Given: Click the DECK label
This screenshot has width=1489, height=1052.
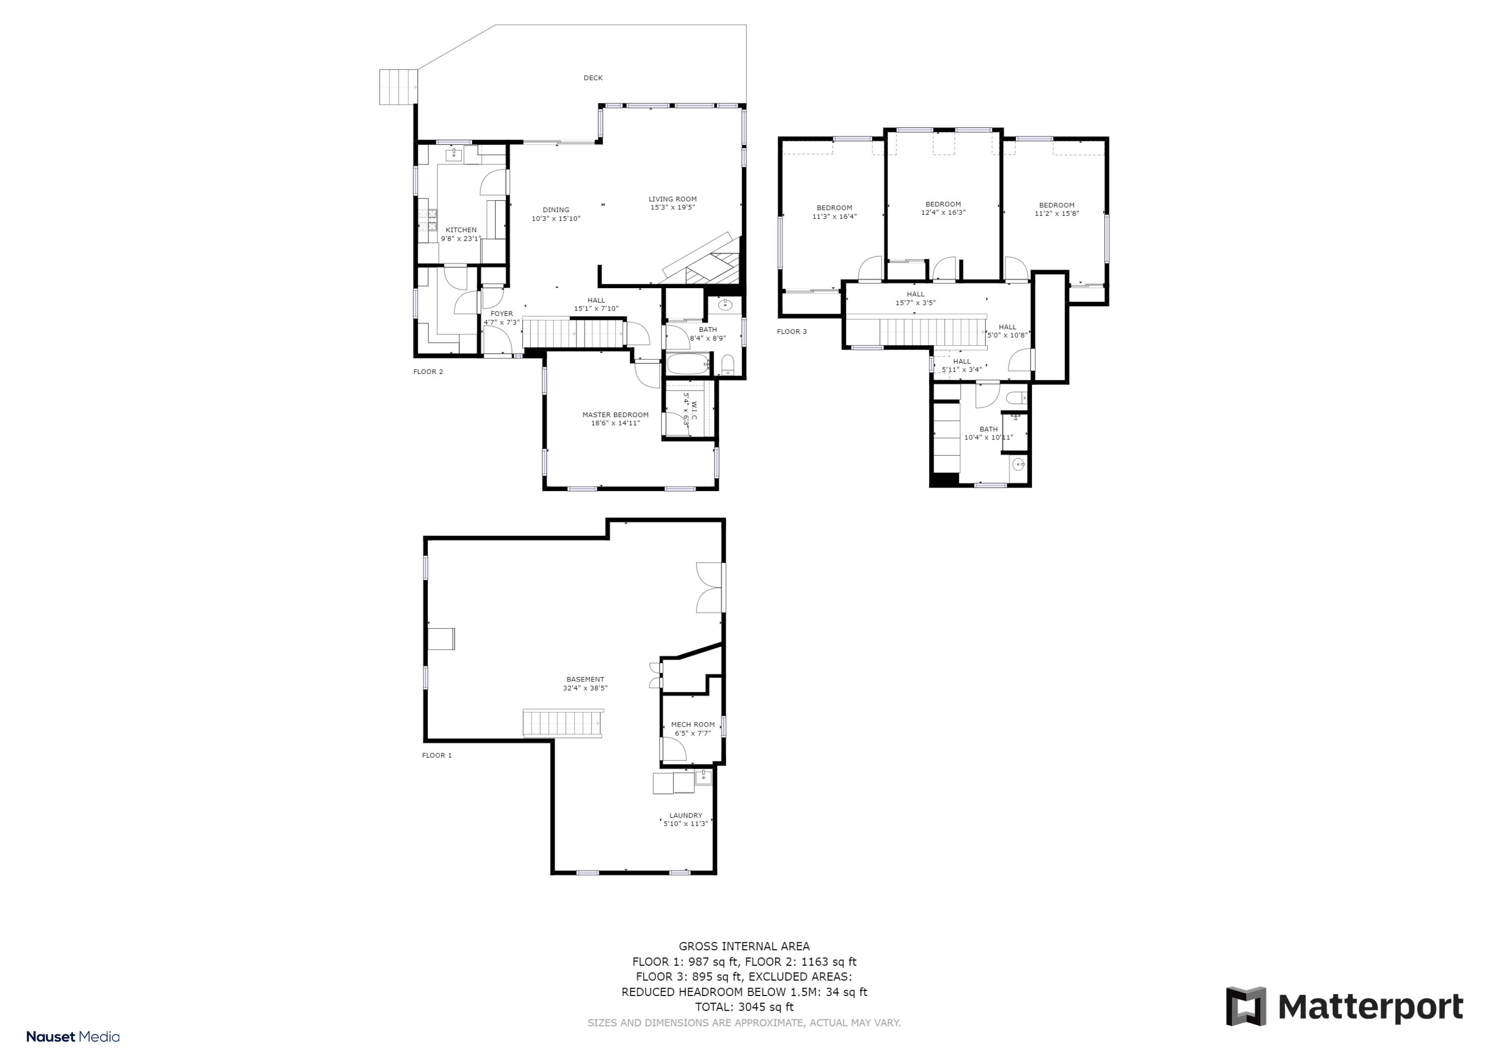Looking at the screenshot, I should tap(593, 78).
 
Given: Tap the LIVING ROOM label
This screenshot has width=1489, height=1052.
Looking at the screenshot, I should tap(673, 199).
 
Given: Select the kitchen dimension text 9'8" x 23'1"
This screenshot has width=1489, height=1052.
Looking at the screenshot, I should tap(461, 239).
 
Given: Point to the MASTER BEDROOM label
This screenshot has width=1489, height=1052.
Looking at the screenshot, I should tap(615, 415).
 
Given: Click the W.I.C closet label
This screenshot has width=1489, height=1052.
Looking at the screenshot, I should tap(693, 410).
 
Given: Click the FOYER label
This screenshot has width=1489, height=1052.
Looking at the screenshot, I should tap(501, 314).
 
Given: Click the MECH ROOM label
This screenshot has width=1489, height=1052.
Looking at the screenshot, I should tap(692, 725).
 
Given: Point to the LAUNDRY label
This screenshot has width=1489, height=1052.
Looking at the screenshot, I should tap(685, 815).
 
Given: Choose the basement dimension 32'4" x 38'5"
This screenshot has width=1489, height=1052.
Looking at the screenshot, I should tap(585, 688).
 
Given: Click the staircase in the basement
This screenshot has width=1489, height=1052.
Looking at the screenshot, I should tap(563, 723).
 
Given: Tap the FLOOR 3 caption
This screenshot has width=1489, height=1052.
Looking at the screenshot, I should tap(792, 332).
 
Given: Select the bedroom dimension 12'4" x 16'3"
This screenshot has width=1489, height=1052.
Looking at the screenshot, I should tap(943, 213).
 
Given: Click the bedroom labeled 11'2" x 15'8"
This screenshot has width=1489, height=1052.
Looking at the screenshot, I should tap(1056, 209).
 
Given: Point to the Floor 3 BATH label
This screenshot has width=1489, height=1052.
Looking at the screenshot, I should tap(988, 429).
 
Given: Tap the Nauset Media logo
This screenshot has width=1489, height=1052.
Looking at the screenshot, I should tap(72, 1037).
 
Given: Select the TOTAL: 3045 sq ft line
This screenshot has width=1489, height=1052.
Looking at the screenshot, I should tap(744, 1007).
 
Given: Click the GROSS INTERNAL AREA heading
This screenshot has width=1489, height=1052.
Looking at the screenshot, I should tap(744, 946).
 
